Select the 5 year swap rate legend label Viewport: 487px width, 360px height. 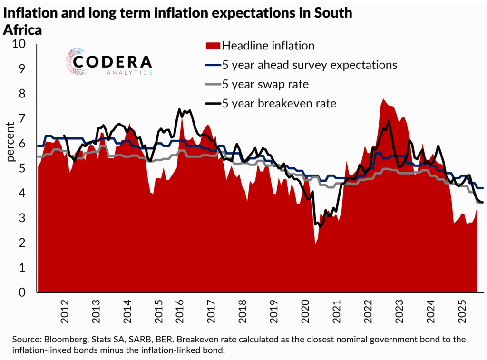(x=265, y=84)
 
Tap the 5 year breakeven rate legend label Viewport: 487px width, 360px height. (x=279, y=104)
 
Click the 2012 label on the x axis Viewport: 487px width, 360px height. (x=65, y=310)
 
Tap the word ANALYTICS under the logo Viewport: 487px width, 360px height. (x=129, y=73)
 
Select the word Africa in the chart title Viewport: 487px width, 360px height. (x=22, y=29)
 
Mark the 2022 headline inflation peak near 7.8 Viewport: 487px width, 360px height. (x=382, y=99)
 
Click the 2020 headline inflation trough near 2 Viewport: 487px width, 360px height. (x=315, y=243)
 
